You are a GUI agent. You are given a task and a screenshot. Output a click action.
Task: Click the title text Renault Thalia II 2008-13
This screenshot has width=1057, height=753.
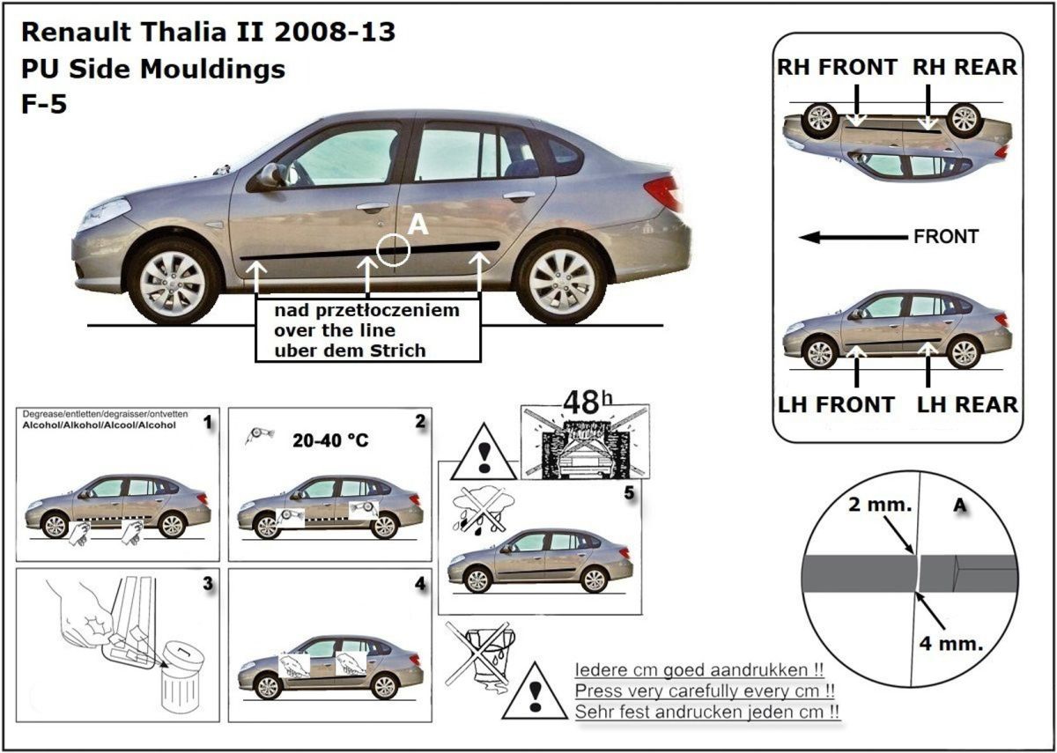pyautogui.click(x=208, y=33)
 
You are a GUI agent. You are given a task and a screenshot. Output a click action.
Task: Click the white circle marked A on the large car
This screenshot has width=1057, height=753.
pyautogui.click(x=393, y=250)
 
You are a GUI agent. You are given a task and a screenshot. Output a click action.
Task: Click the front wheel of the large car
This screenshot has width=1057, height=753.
pyautogui.click(x=173, y=281)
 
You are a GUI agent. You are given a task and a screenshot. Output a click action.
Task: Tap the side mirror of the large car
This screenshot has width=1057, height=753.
pyautogui.click(x=270, y=174)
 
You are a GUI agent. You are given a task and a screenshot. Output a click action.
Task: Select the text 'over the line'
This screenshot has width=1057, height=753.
pyautogui.click(x=335, y=330)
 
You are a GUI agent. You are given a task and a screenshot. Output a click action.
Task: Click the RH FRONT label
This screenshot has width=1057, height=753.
pyautogui.click(x=837, y=68)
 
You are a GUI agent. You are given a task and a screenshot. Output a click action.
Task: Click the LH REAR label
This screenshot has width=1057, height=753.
pyautogui.click(x=967, y=404)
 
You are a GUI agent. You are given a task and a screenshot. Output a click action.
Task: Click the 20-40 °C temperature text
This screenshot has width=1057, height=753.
pyautogui.click(x=329, y=439)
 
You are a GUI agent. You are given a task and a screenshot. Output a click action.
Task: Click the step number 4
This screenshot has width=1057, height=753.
pyautogui.click(x=419, y=583)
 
